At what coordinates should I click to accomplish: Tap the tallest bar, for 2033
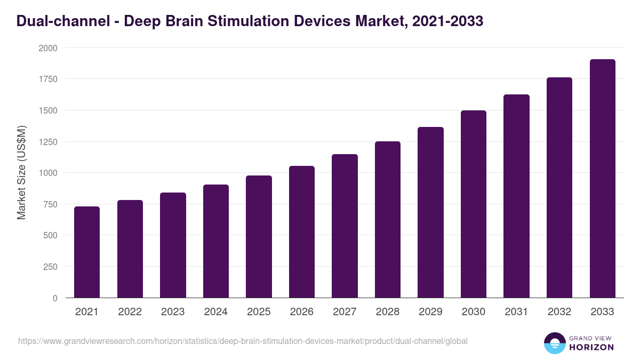(x=603, y=179)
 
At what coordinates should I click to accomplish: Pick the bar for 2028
(x=388, y=219)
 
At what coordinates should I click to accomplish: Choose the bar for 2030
(x=474, y=204)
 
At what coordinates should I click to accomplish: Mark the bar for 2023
(x=173, y=245)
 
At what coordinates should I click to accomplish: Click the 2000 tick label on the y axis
(x=46, y=48)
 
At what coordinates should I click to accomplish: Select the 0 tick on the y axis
(x=54, y=298)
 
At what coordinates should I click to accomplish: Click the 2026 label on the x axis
(x=302, y=312)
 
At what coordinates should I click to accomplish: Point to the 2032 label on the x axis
(x=559, y=312)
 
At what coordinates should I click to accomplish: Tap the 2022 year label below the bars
(x=130, y=312)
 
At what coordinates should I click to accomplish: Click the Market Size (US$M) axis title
(x=21, y=172)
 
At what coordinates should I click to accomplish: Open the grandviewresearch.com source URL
(x=243, y=341)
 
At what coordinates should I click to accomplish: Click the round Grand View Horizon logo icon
(x=554, y=343)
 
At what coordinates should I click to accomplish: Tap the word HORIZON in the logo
(x=592, y=347)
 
